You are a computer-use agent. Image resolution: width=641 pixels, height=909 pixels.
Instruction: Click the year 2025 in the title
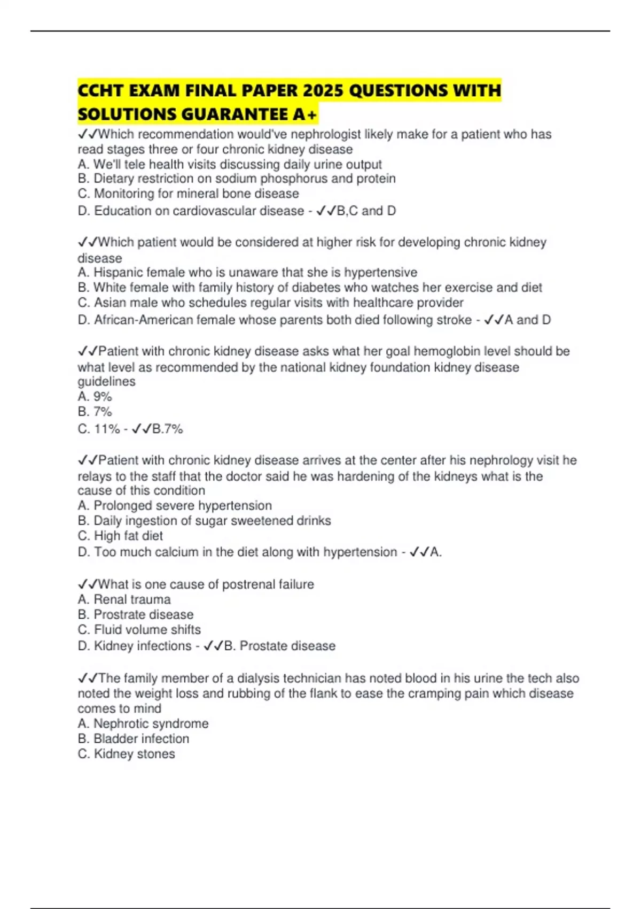point(323,90)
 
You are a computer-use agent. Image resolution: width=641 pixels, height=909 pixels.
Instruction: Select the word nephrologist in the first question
point(325,134)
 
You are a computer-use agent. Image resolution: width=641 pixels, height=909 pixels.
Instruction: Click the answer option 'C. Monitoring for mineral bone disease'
point(188,194)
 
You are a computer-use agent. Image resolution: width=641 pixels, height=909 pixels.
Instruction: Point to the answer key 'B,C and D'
point(366,211)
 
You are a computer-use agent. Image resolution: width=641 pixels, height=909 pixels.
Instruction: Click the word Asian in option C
point(110,303)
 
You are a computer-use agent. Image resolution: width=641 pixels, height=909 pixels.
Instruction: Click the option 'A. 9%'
point(95,397)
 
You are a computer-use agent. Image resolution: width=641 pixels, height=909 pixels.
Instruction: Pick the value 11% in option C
point(107,429)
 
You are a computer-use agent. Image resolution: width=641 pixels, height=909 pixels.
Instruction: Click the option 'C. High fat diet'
point(120,536)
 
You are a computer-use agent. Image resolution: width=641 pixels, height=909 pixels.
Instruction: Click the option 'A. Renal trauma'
point(124,599)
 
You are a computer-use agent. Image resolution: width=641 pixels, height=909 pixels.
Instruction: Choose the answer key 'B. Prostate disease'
point(279,646)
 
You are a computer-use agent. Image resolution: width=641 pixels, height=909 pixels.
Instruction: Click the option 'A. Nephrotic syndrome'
point(143,723)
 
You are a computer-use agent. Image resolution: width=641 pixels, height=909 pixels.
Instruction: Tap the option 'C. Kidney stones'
point(126,754)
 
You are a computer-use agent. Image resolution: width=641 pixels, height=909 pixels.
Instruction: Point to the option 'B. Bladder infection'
point(133,738)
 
